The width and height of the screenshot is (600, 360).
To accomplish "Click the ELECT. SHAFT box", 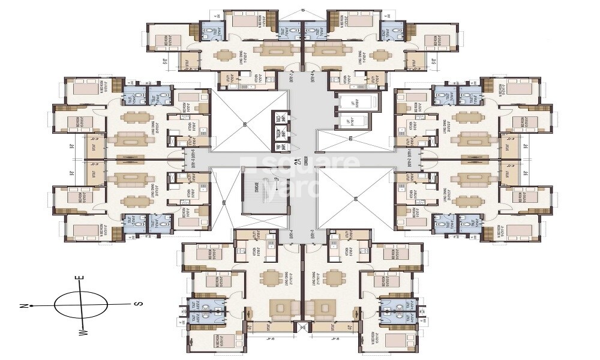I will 280,118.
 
